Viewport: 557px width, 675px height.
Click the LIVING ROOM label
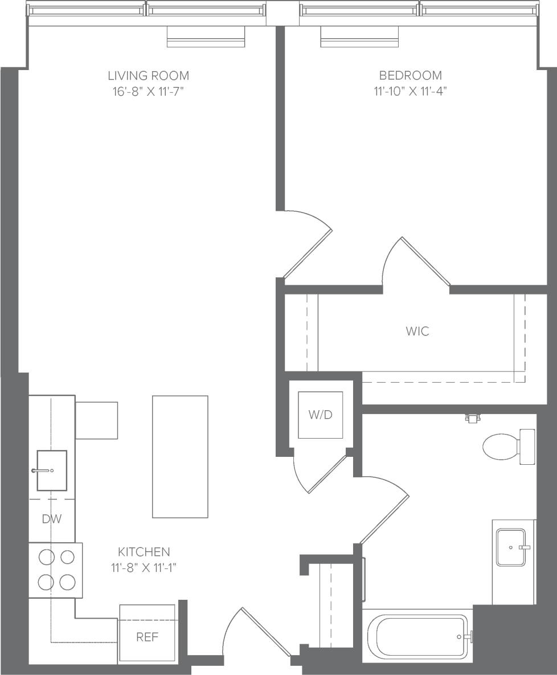click(x=148, y=75)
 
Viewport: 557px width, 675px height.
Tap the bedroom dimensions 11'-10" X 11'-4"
click(x=410, y=91)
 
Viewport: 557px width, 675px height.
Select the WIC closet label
click(x=417, y=331)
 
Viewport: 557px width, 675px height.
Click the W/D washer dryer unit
click(x=321, y=415)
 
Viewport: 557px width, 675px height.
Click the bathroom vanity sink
click(x=511, y=547)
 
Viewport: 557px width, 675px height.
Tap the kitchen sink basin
click(x=52, y=470)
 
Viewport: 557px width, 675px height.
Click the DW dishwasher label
click(x=52, y=519)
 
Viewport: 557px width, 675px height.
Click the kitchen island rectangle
click(x=180, y=456)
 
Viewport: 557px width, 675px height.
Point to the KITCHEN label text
click(x=144, y=551)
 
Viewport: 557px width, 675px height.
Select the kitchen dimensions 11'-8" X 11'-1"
click(x=144, y=567)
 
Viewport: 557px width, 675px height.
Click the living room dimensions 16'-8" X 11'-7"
click(x=148, y=91)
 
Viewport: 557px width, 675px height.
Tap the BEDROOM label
click(x=410, y=75)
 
